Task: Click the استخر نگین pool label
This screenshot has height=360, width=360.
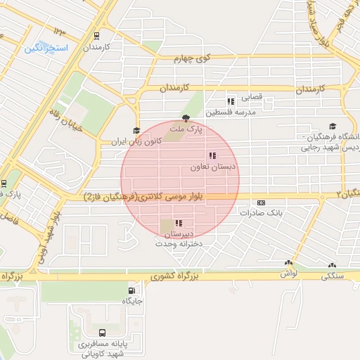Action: click(46, 48)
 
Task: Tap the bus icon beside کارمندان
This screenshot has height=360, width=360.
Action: click(96, 37)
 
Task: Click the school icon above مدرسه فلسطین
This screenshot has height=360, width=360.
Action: click(231, 101)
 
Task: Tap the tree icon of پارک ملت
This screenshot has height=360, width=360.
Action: click(186, 118)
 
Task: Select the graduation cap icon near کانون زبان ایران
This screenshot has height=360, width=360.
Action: click(136, 130)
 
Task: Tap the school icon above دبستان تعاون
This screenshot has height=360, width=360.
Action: click(212, 155)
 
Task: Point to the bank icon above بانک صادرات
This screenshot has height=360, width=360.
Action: click(262, 202)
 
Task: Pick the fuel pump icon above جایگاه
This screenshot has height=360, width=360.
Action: click(132, 290)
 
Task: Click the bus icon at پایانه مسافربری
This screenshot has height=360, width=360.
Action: click(103, 333)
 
